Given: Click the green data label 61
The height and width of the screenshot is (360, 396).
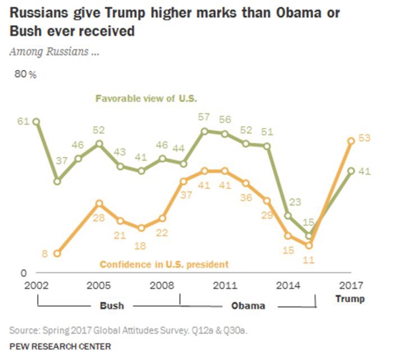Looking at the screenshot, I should coord(23,121).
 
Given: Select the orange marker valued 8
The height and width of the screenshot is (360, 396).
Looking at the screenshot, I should coord(57,253).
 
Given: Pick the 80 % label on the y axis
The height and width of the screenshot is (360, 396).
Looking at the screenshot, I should coord(26,75).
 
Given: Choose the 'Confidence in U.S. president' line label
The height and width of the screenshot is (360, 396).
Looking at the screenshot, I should coord(164,264).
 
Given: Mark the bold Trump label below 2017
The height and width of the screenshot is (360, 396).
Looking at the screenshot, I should coord(350,299).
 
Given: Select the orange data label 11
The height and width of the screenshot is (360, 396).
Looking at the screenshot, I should coord(308,259).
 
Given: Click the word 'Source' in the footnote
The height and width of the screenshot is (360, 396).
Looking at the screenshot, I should coord(25,329).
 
